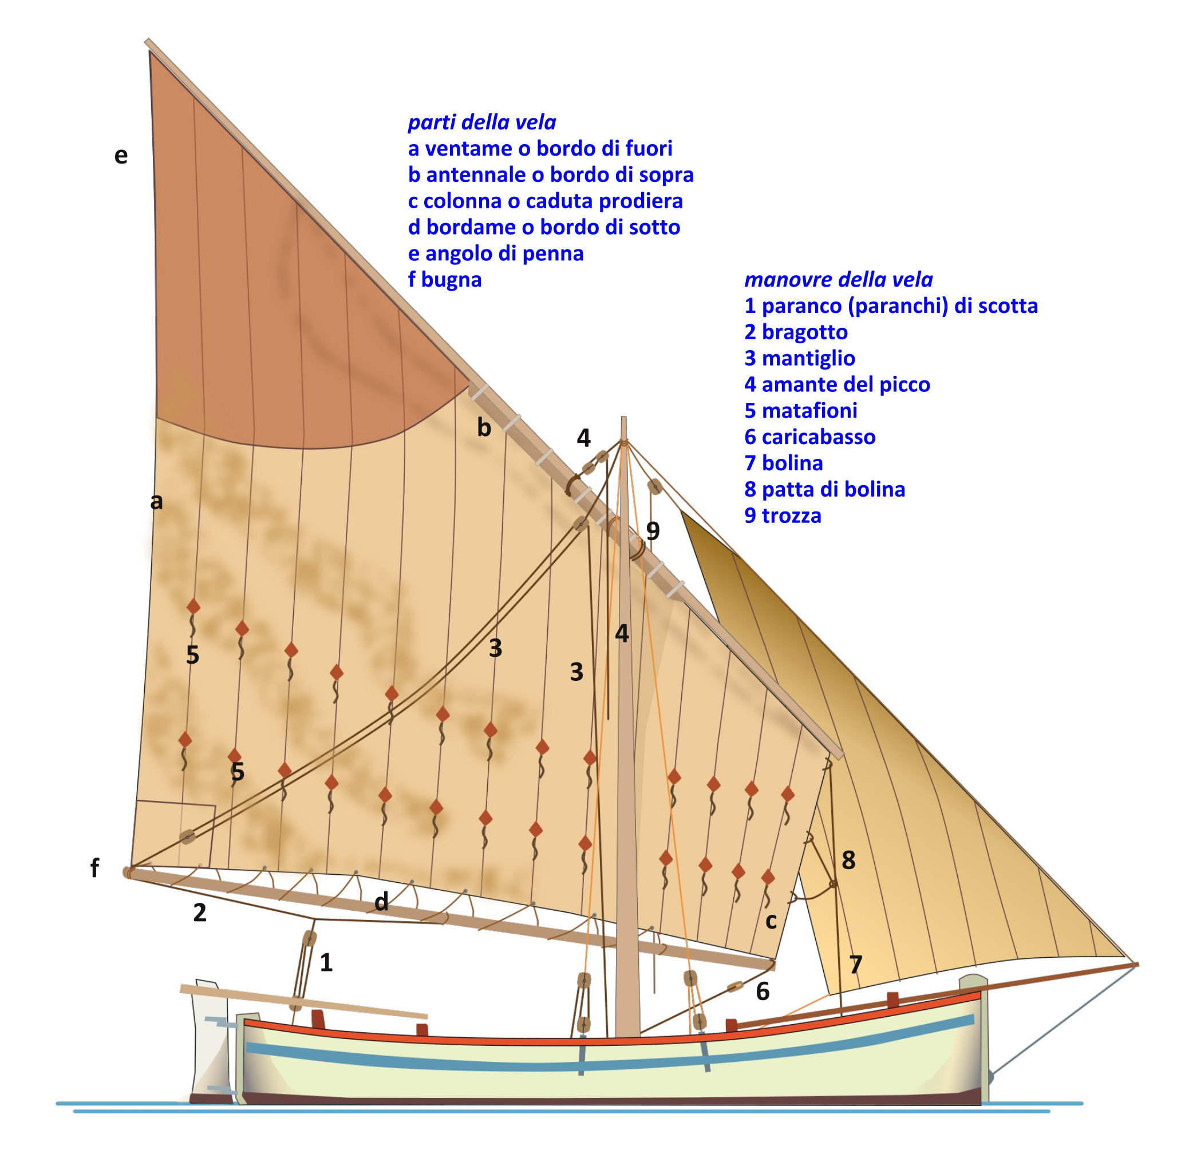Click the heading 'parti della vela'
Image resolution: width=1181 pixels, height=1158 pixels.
tap(481, 122)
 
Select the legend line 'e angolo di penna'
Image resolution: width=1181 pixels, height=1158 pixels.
tap(495, 253)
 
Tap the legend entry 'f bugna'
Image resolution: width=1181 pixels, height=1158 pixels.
tap(444, 279)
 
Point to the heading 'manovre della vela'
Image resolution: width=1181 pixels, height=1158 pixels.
tap(838, 279)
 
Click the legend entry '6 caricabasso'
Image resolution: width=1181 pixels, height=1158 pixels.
tap(809, 437)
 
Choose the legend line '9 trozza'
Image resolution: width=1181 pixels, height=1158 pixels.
tap(783, 515)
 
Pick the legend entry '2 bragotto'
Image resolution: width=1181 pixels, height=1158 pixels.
tap(795, 332)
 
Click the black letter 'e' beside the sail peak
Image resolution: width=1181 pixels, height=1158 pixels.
tap(121, 156)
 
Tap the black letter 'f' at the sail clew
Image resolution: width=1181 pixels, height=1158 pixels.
tap(94, 868)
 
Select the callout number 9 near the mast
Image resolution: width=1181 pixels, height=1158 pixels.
tap(652, 531)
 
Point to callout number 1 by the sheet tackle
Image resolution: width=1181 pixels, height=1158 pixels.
tap(326, 963)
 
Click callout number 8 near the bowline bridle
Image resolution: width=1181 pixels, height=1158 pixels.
tap(848, 860)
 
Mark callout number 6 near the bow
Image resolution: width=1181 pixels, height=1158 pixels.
tap(763, 992)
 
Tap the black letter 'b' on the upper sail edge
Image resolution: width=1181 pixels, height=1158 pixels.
tap(484, 427)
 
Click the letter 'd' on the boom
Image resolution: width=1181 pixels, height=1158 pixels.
tap(381, 901)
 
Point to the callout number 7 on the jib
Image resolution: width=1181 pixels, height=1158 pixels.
tap(855, 965)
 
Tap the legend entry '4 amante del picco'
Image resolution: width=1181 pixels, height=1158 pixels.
tap(836, 384)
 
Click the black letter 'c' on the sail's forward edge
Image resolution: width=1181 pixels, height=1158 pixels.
tap(771, 921)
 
